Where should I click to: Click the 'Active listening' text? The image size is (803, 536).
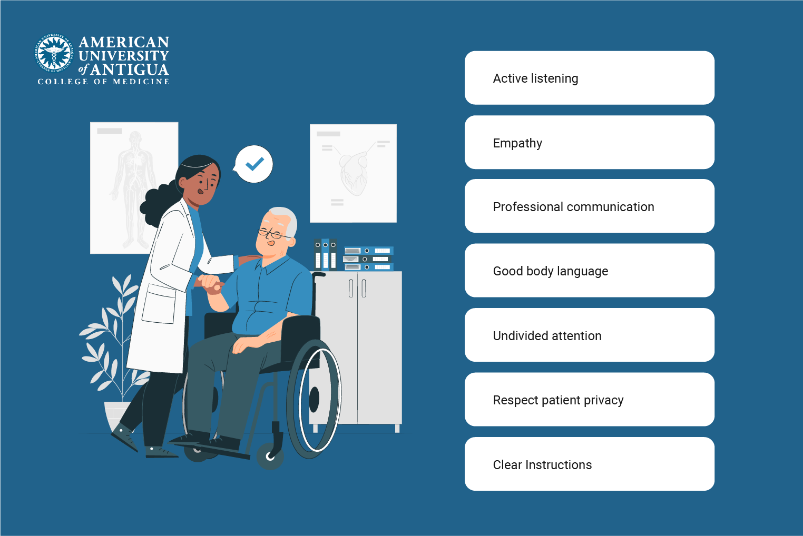click(x=535, y=78)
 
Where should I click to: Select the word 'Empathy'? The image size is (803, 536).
click(x=517, y=143)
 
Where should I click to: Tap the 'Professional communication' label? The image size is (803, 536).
click(x=573, y=207)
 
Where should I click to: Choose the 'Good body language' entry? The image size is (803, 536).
click(x=550, y=271)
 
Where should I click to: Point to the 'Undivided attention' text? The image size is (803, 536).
click(x=547, y=336)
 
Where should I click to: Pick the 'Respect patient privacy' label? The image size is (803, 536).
click(x=558, y=400)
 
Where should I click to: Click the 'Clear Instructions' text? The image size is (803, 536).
click(x=542, y=465)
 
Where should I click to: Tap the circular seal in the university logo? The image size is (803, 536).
click(x=54, y=54)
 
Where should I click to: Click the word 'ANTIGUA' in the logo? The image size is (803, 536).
click(x=130, y=70)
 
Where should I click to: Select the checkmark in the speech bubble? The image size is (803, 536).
click(x=254, y=164)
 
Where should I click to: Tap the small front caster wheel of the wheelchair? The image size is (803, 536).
click(x=270, y=455)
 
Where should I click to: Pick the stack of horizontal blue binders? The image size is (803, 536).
click(x=368, y=259)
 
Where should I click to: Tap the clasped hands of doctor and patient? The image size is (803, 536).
click(x=210, y=284)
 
